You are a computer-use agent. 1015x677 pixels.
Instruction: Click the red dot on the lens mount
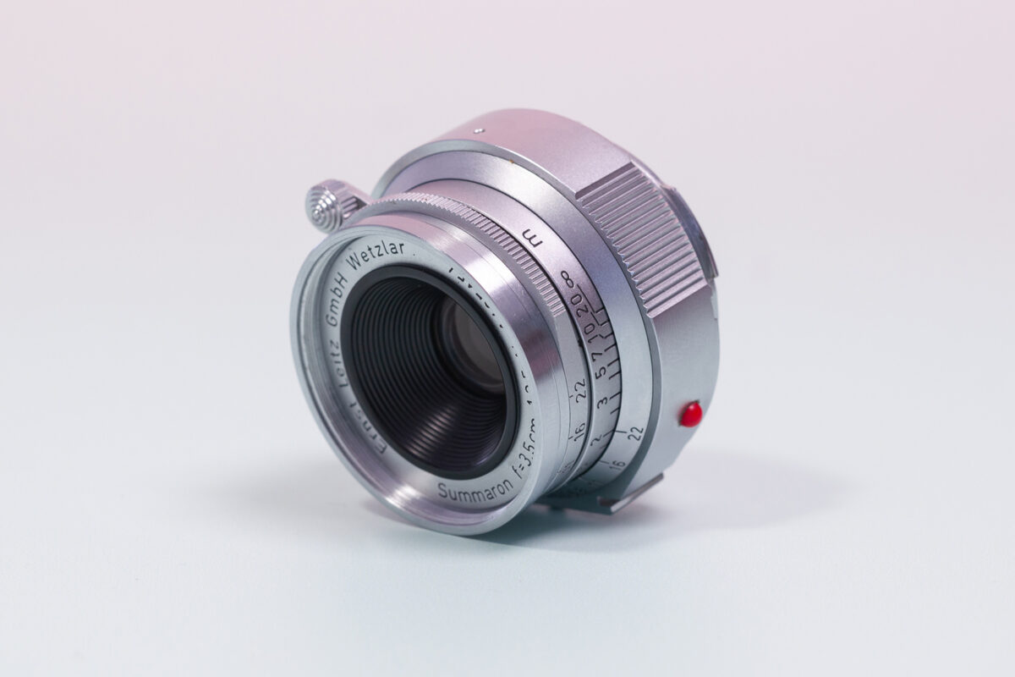pos(691,413)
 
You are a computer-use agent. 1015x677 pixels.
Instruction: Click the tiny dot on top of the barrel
pos(479,130)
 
